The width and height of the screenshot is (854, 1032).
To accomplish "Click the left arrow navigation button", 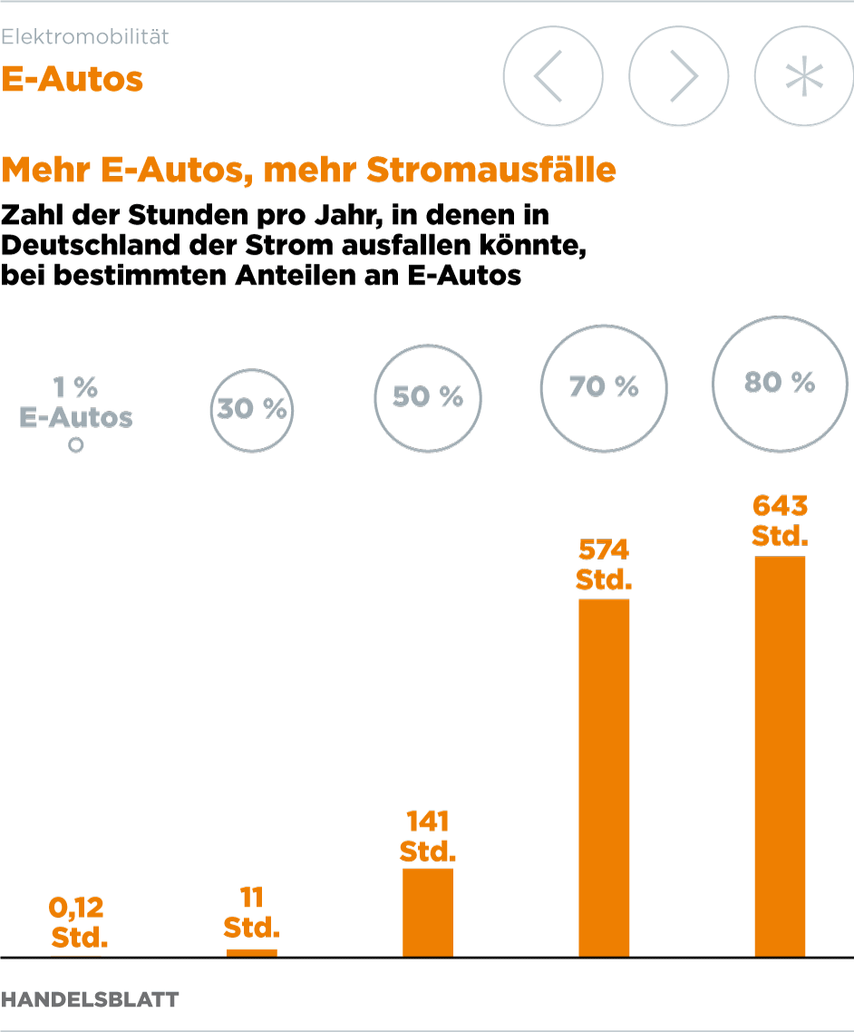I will point(553,77).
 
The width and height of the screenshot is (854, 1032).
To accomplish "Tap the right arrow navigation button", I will point(679,77).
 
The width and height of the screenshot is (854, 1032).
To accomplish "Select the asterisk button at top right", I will point(804,77).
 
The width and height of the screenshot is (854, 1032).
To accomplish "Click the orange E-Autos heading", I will point(73,79).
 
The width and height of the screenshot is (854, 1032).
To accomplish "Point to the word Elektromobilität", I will point(85,37).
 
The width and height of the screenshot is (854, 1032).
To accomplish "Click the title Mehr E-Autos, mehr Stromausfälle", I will point(309,170).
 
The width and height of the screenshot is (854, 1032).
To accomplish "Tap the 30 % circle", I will point(251,409).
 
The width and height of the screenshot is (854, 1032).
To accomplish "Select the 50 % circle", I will point(427,397).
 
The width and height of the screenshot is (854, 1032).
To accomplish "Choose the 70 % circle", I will point(604,386).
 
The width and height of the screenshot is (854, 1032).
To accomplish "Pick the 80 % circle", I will point(780,383).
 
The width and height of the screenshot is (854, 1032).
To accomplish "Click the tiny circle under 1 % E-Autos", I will point(76,445).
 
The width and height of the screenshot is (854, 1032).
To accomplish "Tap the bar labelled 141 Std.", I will point(427,912).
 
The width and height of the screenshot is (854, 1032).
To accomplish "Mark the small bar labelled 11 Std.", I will point(251,952).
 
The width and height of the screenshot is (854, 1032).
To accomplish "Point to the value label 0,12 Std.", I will point(79,921).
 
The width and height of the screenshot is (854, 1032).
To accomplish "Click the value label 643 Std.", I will point(780,520).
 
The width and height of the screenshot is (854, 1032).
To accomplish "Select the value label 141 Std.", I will point(427,836).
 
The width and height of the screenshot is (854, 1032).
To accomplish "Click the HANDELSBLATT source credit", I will point(90,999).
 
